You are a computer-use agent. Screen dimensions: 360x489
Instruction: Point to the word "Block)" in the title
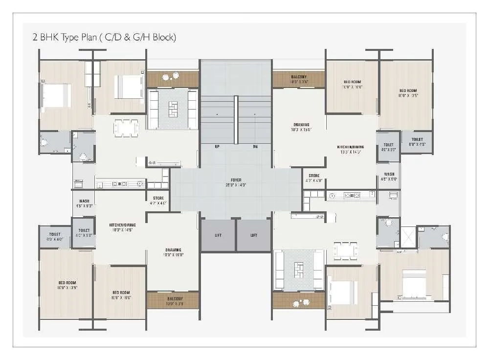tap(164, 38)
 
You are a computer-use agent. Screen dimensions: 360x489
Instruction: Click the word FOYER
tap(236, 180)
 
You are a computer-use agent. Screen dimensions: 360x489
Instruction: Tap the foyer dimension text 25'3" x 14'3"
tap(236, 185)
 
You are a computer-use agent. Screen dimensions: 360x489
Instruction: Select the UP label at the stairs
tap(217, 146)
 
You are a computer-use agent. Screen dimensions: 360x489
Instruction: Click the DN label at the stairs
tap(255, 146)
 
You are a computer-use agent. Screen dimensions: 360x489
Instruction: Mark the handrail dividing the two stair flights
tap(236, 120)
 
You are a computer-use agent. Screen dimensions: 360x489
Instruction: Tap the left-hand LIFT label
tap(218, 235)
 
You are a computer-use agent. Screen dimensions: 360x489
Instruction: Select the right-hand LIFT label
tap(254, 235)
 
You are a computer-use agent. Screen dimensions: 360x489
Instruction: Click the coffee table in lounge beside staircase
tap(173, 108)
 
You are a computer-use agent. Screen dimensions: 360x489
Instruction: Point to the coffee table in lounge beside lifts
tap(298, 270)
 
